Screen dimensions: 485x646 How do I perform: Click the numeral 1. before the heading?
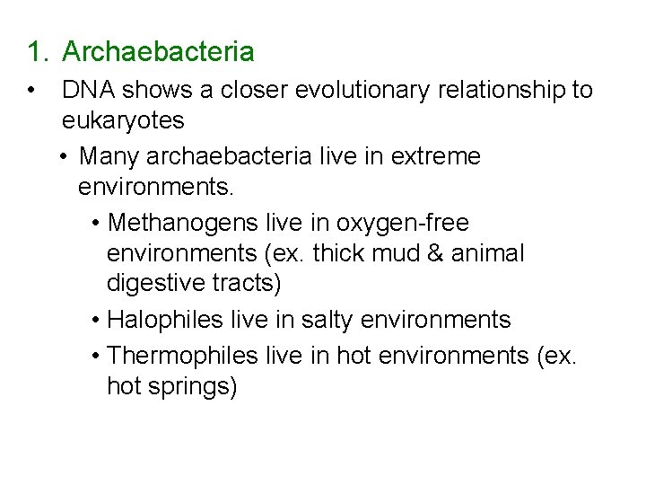pos(36,52)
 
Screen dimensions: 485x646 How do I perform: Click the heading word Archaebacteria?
pos(158,52)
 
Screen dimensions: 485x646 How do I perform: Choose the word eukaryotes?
pos(123,121)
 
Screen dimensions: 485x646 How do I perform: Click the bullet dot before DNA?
pos(32,91)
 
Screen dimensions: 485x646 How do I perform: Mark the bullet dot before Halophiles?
pos(96,320)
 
